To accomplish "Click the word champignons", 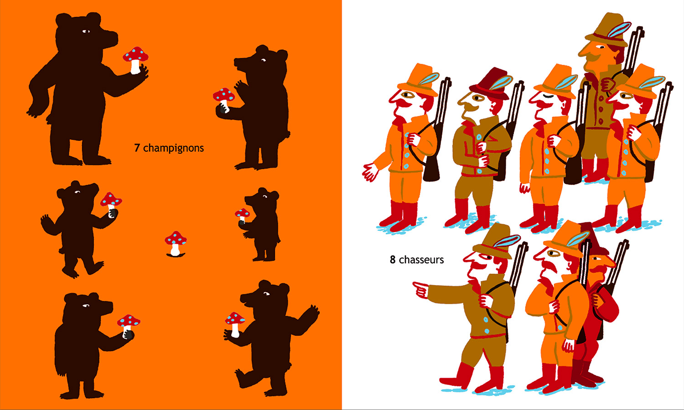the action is pos(173,149).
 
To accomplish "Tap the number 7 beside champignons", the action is pos(137,148).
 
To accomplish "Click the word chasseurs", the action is pos(421,260).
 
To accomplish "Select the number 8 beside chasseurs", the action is pos(393,260).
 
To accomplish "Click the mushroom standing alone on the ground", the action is pos(175,243).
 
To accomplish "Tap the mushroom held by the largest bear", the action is pos(135,60).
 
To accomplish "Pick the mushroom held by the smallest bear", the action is pos(243,215).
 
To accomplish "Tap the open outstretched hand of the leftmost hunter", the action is pos(370,172).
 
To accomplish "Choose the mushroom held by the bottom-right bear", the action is pos(235,323).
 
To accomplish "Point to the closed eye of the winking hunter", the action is pos(549,97).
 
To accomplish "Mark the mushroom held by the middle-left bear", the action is pos(111,201).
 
